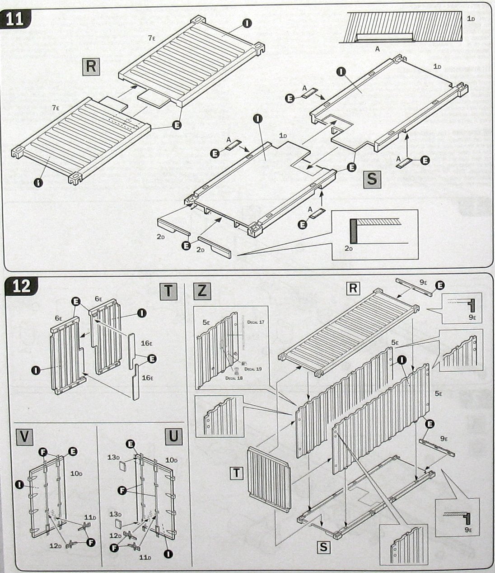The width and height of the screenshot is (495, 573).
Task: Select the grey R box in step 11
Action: coord(90,66)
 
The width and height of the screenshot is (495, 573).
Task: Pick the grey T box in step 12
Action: coord(168,290)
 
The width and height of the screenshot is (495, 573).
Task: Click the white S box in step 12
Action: coord(323,547)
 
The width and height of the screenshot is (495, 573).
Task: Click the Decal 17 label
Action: coord(255,322)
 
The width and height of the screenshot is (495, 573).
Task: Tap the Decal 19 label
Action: coord(255,369)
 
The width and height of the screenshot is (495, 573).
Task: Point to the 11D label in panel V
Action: coord(90,517)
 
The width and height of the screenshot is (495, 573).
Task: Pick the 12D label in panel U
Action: coord(116,535)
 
